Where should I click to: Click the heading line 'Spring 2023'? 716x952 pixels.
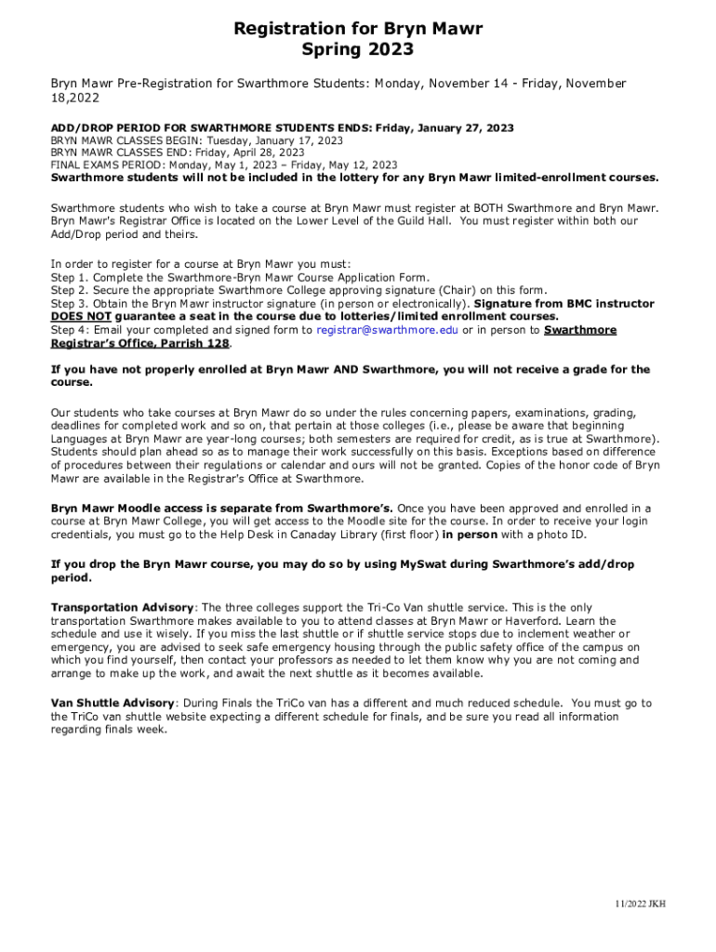358,50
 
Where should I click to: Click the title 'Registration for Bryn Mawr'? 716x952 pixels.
358,30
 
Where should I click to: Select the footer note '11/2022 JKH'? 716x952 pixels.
639,904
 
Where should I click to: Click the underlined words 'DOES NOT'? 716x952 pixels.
81,317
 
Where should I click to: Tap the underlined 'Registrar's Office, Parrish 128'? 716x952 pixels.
139,343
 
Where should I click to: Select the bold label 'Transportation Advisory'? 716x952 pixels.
123,608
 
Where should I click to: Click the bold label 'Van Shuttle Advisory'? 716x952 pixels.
113,704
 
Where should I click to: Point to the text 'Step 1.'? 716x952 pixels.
70,278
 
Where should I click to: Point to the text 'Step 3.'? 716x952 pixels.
70,304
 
